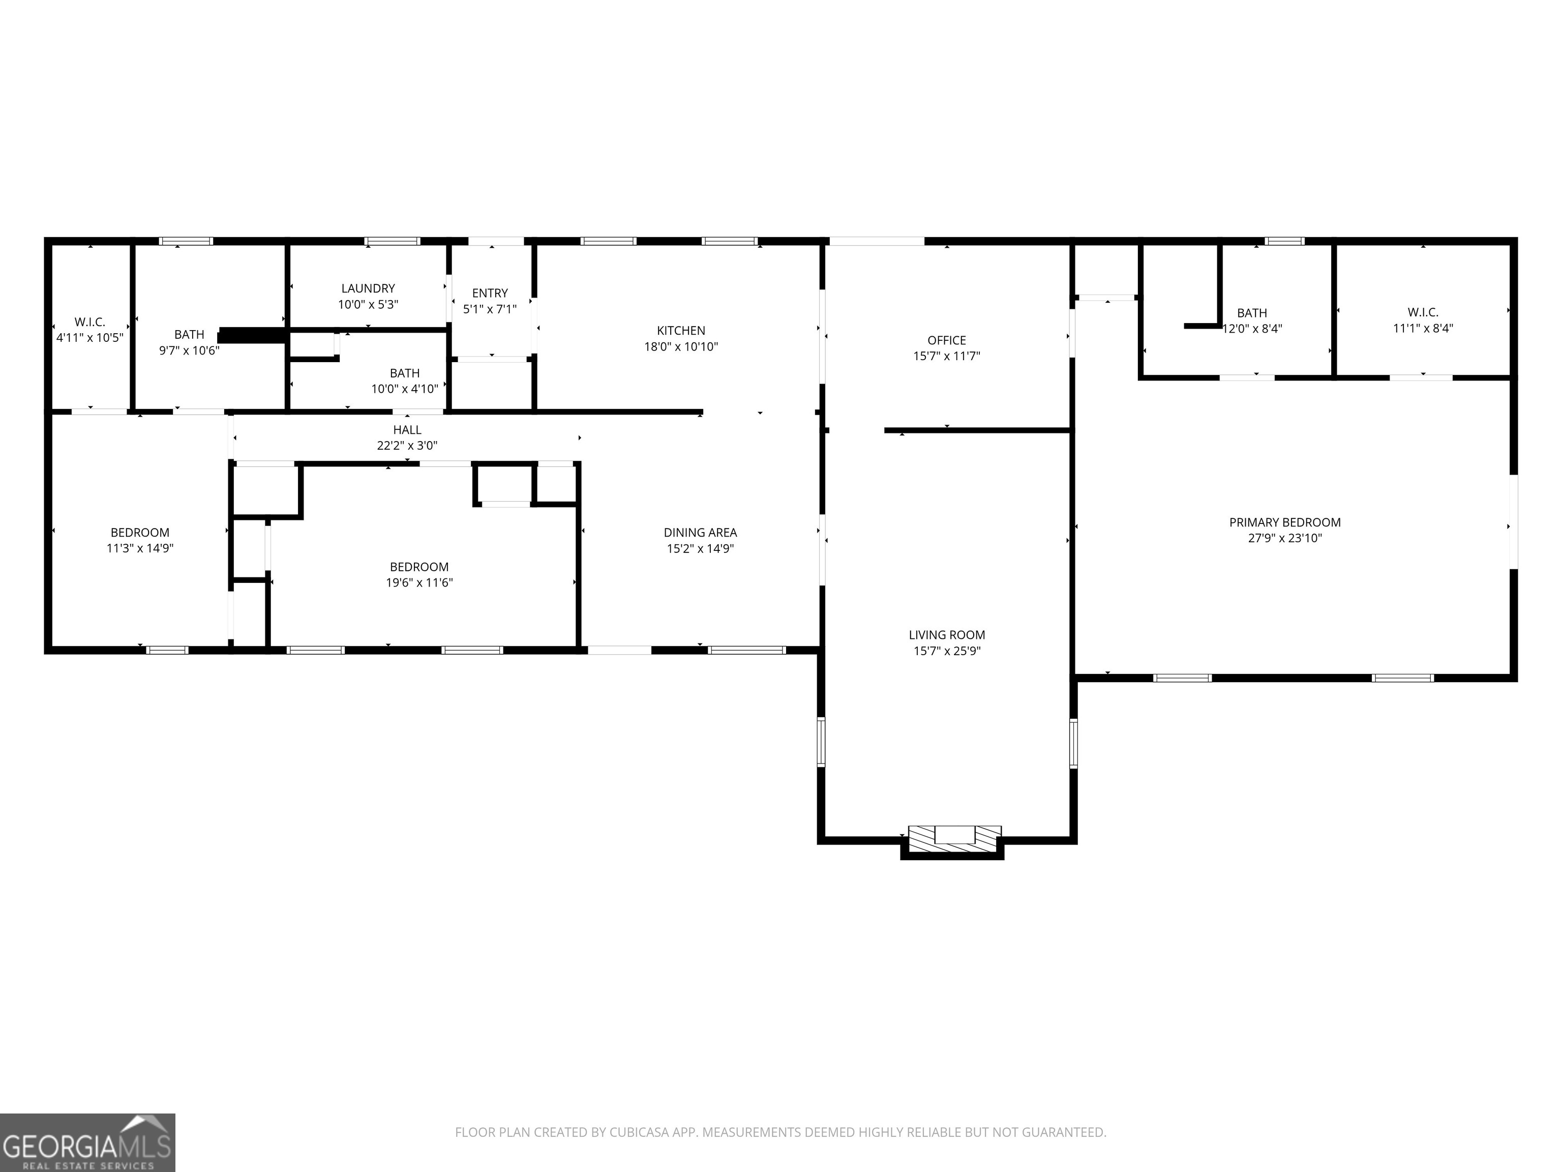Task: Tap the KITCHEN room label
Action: coord(681,331)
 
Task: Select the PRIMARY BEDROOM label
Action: coord(1284,523)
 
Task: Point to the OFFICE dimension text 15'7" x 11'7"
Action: coord(946,356)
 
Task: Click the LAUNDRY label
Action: coord(368,288)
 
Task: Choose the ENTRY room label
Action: coord(490,293)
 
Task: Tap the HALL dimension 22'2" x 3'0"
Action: coord(407,446)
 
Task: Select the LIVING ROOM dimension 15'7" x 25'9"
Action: coord(946,651)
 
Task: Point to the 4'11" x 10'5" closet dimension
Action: coord(89,338)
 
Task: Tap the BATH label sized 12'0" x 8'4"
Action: coord(1252,313)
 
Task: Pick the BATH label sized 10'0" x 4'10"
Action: coord(405,373)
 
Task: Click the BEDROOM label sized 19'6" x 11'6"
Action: coord(419,567)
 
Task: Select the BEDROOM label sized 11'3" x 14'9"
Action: coord(140,533)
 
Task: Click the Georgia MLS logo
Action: coord(87,1142)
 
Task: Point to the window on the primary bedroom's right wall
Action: coord(1513,522)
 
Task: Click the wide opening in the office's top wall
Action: coord(876,242)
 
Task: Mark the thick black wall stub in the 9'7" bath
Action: coord(253,335)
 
